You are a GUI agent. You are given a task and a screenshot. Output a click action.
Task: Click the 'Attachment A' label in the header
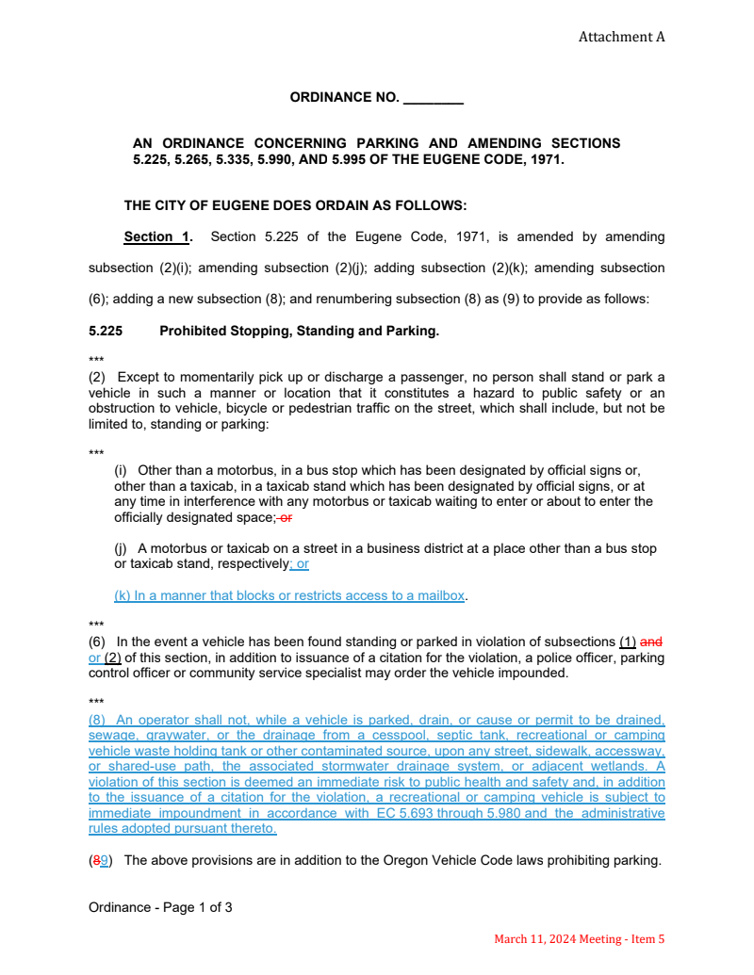pos(621,37)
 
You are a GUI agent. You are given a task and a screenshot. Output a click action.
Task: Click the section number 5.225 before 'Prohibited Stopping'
pos(106,331)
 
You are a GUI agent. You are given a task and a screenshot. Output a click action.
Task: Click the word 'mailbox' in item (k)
pos(442,595)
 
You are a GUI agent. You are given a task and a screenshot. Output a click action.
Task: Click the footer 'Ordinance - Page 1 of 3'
pos(160,907)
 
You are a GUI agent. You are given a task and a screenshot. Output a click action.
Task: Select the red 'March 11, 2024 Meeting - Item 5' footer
pos(580,938)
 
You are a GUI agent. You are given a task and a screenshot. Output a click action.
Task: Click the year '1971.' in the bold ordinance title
pos(545,159)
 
